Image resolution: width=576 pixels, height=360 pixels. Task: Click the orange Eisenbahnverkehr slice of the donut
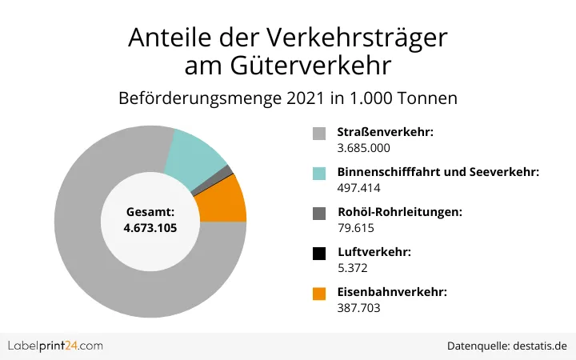coord(223,199)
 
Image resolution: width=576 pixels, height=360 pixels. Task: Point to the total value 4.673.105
coord(150,228)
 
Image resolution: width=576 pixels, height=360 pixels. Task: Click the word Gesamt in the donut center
coord(150,213)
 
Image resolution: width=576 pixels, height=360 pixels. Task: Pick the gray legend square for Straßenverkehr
coord(319,133)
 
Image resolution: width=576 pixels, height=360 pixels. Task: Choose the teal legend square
coord(319,173)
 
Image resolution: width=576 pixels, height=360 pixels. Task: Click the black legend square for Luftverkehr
coord(319,254)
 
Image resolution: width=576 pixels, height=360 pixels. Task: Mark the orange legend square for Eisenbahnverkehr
coord(319,294)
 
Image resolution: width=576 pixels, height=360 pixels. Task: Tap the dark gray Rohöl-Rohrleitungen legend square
coord(319,213)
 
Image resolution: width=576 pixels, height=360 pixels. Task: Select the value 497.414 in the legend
coord(358,188)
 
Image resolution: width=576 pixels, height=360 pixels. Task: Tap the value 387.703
coord(358,309)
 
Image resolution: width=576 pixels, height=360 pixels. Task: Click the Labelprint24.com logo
coord(55,346)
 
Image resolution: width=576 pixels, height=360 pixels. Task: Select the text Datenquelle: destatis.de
coord(507,346)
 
